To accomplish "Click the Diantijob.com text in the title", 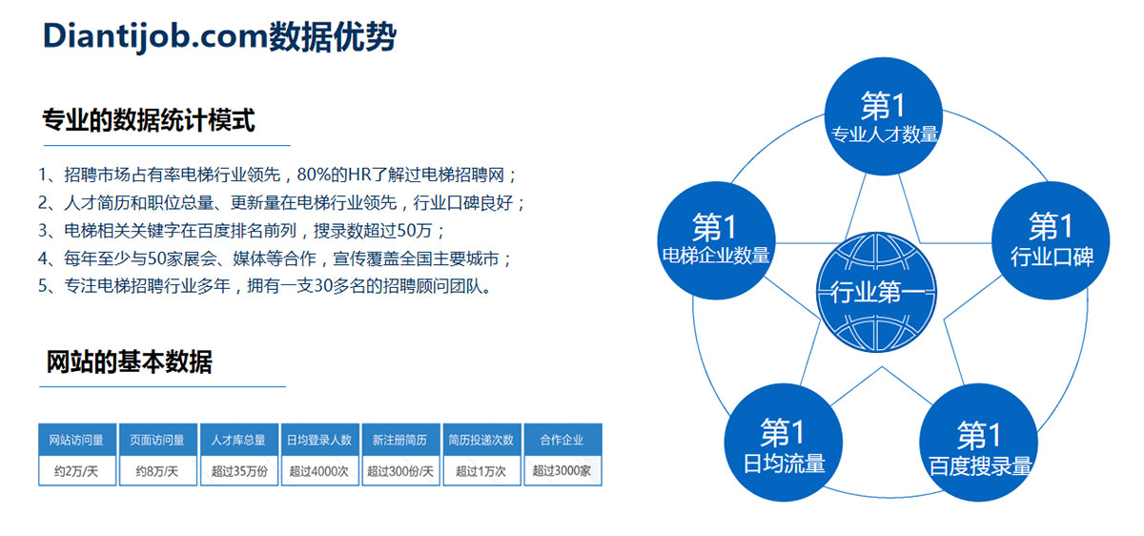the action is (155, 37).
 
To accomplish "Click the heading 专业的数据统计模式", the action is (149, 120).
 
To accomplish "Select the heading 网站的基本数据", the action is (130, 361).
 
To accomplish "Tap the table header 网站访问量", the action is (76, 440).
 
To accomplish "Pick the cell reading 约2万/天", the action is (76, 470).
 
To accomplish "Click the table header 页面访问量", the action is (157, 440).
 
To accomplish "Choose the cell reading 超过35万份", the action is (239, 470).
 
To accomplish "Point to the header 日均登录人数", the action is (319, 440).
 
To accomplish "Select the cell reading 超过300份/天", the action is (400, 470).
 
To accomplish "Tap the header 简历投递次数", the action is (481, 440).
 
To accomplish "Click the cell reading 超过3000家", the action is (562, 470).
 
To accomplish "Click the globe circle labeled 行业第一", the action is (876, 292).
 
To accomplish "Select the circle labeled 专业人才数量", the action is (884, 116).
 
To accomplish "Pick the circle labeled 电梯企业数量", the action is (716, 240).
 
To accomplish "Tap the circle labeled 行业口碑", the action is (1051, 240).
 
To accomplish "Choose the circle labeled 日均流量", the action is (783, 443).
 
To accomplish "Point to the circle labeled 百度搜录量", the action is (978, 443).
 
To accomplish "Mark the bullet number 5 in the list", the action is (43, 285).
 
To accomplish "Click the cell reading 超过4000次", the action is (319, 470).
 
